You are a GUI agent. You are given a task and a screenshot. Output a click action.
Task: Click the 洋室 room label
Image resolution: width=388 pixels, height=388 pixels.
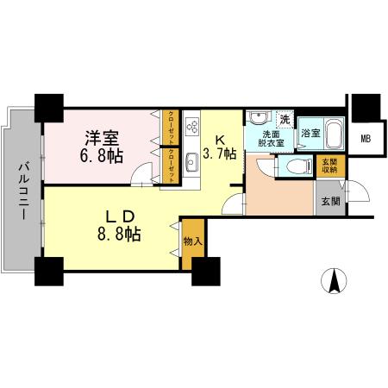(x=102, y=136)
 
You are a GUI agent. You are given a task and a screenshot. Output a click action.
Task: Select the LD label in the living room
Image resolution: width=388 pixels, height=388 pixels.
(x=118, y=211)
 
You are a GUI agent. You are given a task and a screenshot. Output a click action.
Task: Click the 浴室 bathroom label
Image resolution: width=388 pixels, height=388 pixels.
(x=311, y=134)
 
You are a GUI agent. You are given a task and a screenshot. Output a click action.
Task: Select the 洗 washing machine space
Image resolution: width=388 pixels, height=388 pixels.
(x=284, y=118)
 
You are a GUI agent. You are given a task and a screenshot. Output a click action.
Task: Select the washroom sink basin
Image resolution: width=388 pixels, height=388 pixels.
(x=257, y=118)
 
